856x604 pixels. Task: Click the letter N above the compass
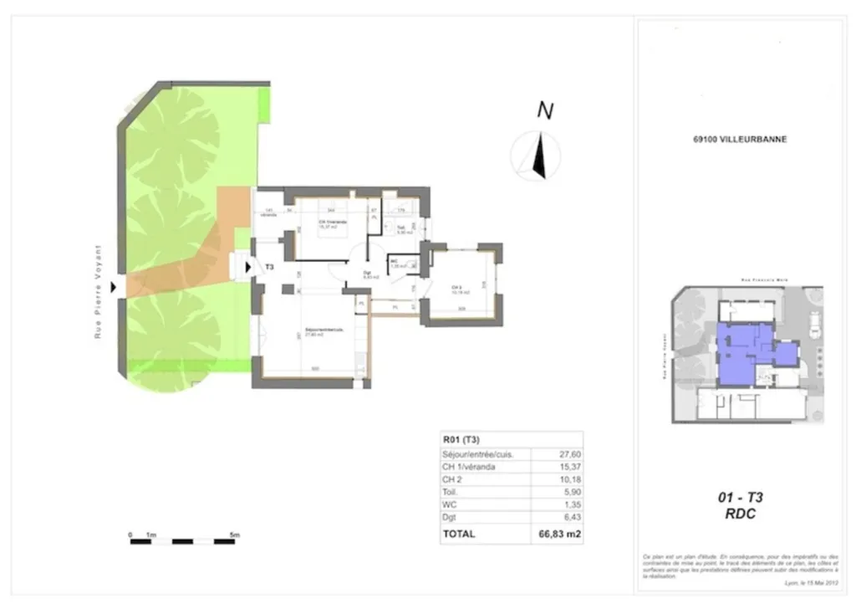[x=545, y=110]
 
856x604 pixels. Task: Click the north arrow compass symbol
[x=536, y=156]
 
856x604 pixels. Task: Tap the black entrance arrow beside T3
[x=249, y=268]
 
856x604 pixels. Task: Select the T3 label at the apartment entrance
[x=269, y=268]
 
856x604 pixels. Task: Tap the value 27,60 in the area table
[x=568, y=454]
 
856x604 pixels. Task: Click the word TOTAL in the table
[x=461, y=533]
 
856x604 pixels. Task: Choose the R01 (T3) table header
[x=461, y=438]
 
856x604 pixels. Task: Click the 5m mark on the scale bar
[x=235, y=534]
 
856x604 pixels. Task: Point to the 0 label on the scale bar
[x=131, y=534]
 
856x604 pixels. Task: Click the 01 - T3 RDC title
[x=739, y=505]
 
